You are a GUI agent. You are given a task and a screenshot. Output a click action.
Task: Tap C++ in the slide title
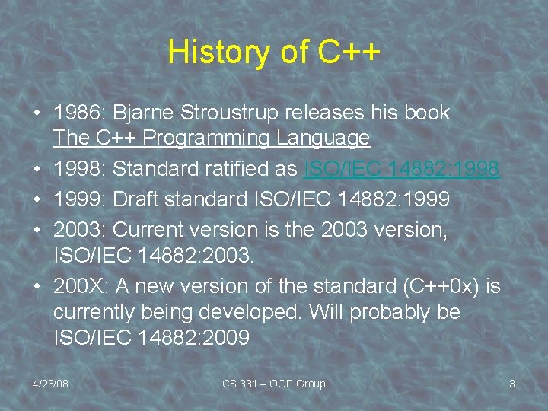pyautogui.click(x=348, y=52)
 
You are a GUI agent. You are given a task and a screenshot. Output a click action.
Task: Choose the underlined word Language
pyautogui.click(x=323, y=139)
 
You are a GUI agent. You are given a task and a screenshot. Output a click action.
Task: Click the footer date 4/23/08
pyautogui.click(x=50, y=384)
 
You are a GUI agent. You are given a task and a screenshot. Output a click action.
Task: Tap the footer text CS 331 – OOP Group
pyautogui.click(x=273, y=384)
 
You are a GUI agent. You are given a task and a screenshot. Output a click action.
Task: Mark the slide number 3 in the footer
pyautogui.click(x=511, y=384)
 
